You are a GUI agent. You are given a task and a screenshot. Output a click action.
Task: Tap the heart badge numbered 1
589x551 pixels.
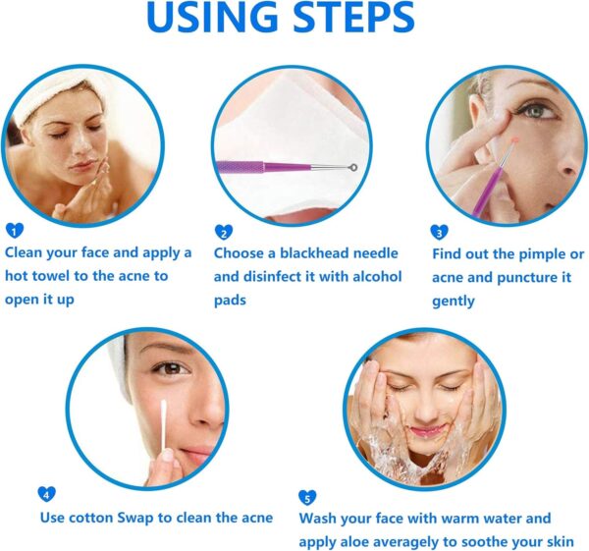pyautogui.click(x=13, y=231)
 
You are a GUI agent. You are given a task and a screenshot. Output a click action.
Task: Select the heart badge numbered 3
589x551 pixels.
pyautogui.click(x=439, y=233)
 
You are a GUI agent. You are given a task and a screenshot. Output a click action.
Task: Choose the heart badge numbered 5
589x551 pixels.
pyautogui.click(x=306, y=496)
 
